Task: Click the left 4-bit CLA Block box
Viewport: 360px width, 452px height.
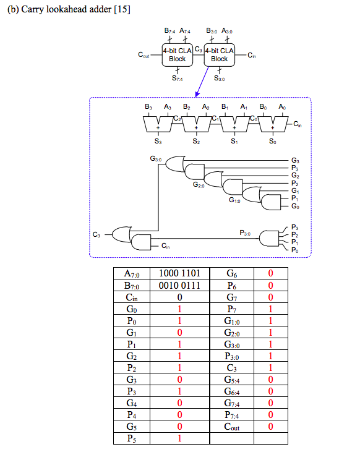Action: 177,54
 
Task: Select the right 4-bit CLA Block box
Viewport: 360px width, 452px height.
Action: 219,54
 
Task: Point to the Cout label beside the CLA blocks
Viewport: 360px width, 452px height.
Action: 144,55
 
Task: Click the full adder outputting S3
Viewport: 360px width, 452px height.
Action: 158,125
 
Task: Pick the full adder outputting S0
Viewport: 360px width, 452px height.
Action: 273,125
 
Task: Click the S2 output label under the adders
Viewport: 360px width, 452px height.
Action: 196,142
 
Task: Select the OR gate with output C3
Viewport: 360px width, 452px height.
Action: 122,234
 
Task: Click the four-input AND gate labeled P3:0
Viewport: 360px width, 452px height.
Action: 270,238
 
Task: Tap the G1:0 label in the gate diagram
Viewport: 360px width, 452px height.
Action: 234,200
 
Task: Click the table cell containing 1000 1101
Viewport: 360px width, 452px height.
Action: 179,273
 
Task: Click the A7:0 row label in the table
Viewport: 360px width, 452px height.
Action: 132,273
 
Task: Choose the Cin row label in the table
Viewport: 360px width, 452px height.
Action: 132,297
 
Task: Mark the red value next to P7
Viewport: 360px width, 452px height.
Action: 270,309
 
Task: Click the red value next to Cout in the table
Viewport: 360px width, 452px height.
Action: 270,427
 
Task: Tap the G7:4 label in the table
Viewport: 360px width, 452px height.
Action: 232,403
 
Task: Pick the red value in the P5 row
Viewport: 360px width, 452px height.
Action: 179,438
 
